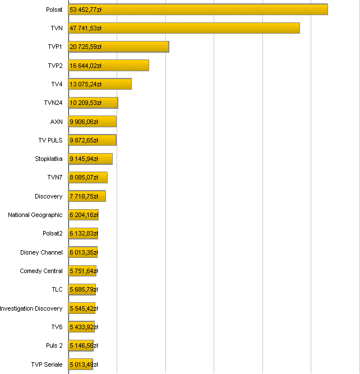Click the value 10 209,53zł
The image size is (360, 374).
[x=86, y=103]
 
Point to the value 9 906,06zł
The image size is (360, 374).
[x=84, y=122]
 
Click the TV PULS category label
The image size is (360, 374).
[x=50, y=140]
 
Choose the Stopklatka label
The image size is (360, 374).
[x=49, y=159]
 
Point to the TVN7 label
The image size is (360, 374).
[x=55, y=178]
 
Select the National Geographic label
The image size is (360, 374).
[x=35, y=215]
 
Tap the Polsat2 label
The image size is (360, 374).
[x=53, y=233]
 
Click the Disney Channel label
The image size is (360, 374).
[x=41, y=252]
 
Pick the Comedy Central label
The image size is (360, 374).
[x=41, y=271]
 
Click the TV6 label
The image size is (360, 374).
[x=57, y=327]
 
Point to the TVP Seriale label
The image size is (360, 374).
[x=47, y=364]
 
